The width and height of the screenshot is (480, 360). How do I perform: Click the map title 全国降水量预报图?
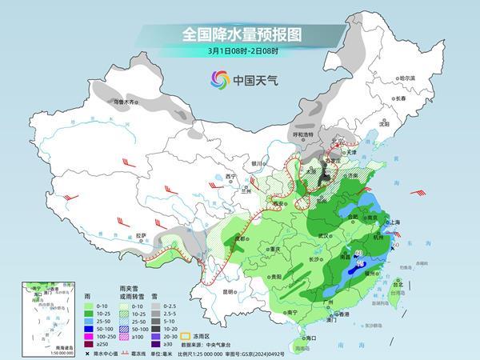coord(240,35)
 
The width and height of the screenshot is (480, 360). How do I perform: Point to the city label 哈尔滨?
coord(408,78)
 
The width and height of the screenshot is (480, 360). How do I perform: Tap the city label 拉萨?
coord(141,235)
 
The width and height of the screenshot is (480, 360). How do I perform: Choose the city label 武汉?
coord(324,236)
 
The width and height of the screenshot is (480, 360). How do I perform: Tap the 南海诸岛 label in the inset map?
coord(34,348)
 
